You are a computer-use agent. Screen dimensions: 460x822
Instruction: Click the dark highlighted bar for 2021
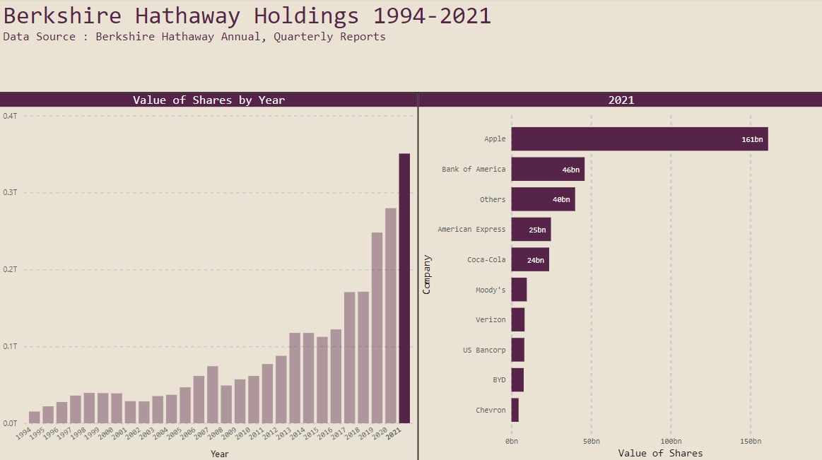(404, 288)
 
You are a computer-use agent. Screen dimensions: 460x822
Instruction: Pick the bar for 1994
(34, 417)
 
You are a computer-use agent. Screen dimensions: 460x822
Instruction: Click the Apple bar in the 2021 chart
(639, 139)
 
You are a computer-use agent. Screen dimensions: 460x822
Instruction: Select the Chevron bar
(515, 410)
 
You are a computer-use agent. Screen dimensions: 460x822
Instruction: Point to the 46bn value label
(570, 170)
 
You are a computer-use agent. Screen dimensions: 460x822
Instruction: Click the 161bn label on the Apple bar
(752, 139)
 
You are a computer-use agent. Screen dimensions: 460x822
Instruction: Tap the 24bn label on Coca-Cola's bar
(535, 260)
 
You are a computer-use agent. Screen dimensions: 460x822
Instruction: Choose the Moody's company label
(491, 290)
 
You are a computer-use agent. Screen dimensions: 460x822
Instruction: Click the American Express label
(471, 229)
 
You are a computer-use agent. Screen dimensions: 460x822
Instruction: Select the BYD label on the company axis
(499, 379)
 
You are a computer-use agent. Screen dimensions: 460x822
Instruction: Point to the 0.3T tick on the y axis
(10, 192)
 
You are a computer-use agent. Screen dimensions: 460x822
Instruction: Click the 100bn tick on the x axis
(671, 441)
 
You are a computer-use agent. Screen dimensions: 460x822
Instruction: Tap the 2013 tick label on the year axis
(284, 433)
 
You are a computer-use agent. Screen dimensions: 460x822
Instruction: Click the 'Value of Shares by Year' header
(209, 100)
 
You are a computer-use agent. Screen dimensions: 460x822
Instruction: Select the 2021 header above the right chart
(621, 100)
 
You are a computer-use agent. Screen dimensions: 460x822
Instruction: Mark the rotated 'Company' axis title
(426, 274)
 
